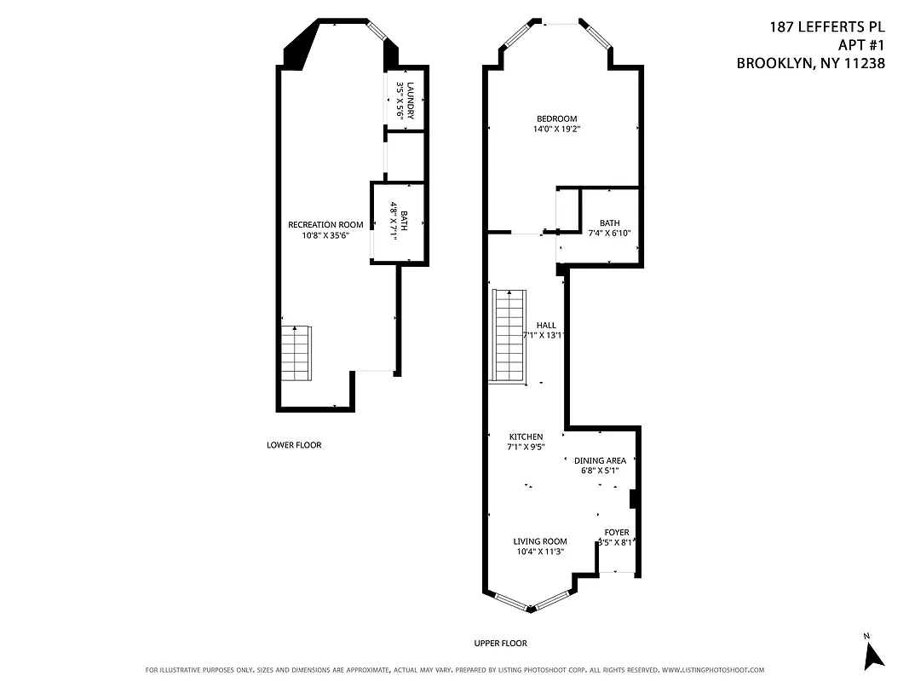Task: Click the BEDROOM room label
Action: [556, 118]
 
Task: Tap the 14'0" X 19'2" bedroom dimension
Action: [556, 130]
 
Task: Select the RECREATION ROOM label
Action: [325, 224]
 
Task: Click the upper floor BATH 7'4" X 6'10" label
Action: [609, 223]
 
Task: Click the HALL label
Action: [546, 325]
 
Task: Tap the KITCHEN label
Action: [526, 436]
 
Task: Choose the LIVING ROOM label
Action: [540, 540]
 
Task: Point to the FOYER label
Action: [617, 532]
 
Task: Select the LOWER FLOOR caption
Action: [294, 445]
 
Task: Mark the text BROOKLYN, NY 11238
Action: [810, 63]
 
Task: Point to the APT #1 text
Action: [859, 45]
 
